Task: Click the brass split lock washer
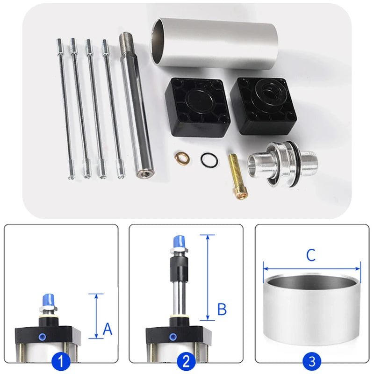point(182,158)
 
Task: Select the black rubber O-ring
point(209,160)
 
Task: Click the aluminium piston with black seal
point(283,165)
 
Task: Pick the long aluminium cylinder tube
point(214,44)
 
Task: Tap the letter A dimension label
point(108,329)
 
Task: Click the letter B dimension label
point(222,309)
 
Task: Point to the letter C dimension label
point(311,255)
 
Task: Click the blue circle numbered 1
point(61,361)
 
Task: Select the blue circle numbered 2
point(186,361)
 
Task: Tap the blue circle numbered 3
point(312,361)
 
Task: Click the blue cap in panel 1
point(49,301)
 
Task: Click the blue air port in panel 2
point(173,337)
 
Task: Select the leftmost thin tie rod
point(65,108)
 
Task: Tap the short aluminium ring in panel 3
point(311,310)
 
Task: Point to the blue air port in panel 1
point(43,337)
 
